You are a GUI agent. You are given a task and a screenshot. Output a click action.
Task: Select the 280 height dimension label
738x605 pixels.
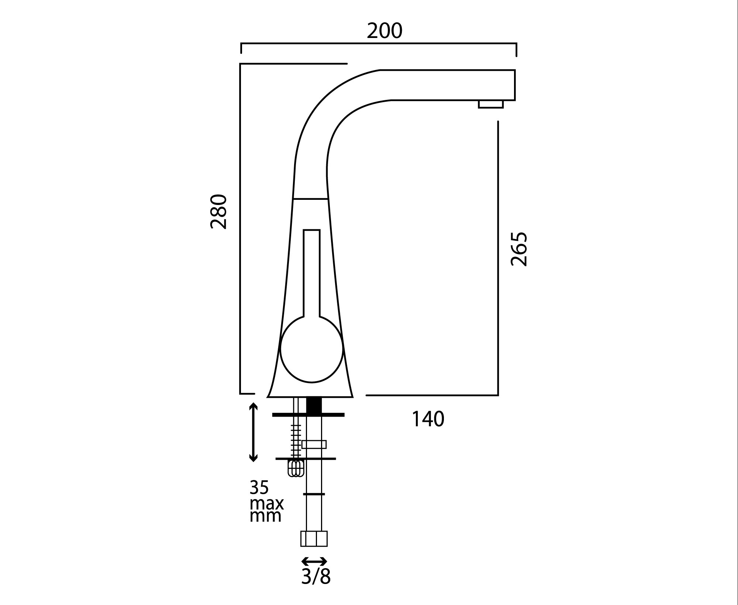tap(218, 212)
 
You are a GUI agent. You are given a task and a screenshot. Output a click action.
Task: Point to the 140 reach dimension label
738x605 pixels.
tap(428, 419)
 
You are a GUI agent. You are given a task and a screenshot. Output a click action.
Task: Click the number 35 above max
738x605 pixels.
tap(259, 487)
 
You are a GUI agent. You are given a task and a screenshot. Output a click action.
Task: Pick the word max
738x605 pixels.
tap(266, 503)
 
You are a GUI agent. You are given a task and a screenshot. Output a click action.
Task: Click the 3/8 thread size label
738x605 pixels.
tap(315, 577)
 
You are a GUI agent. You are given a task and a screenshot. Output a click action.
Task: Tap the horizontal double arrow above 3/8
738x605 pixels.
tap(314, 562)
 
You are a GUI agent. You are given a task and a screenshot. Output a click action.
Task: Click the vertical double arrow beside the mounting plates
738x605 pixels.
tap(253, 432)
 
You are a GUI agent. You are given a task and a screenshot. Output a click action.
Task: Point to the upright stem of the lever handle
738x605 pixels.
tap(312, 273)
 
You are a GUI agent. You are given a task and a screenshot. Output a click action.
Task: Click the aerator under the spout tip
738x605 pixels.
tap(491, 104)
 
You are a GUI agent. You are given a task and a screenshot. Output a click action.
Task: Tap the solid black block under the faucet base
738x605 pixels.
tap(314, 405)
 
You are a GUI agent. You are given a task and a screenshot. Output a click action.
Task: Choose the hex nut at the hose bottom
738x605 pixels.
tap(314, 539)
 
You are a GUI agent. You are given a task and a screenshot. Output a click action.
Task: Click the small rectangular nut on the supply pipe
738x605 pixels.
tap(314, 444)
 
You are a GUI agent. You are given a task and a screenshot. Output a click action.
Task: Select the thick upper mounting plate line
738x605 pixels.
tap(308, 415)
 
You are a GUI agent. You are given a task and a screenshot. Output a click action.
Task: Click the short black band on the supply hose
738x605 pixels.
tap(314, 494)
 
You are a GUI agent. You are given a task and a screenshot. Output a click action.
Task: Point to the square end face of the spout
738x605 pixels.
tap(511, 85)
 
